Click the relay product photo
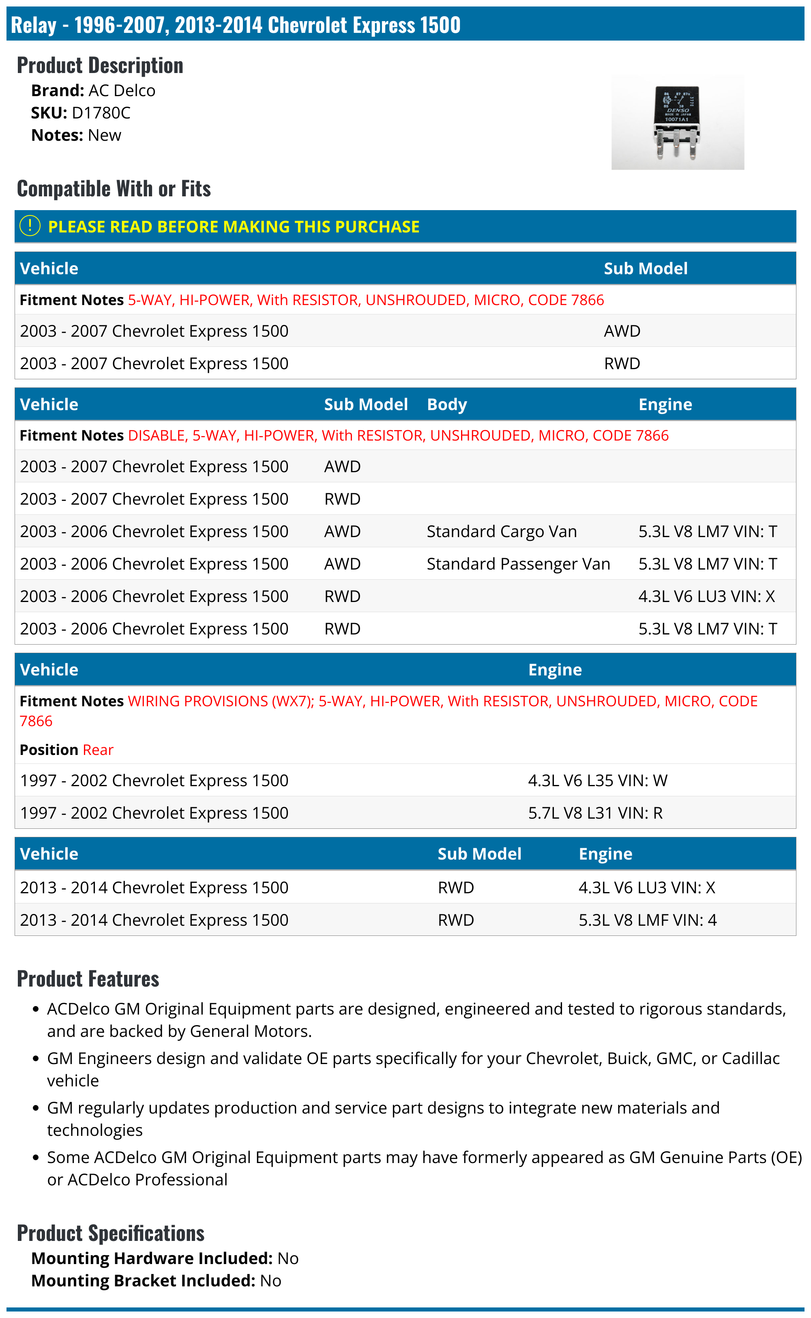[x=678, y=122]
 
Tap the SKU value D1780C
[x=101, y=113]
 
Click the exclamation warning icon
[x=30, y=226]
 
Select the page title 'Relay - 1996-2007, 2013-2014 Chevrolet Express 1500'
[x=236, y=25]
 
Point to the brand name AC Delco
[x=122, y=90]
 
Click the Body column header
[x=447, y=404]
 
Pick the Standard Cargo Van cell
[x=502, y=531]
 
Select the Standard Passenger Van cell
[x=518, y=564]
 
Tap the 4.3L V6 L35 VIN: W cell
[x=598, y=780]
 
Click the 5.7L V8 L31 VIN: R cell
[x=595, y=813]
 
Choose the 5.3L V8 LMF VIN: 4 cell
[x=648, y=920]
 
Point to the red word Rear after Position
[x=98, y=750]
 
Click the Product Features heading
[x=88, y=979]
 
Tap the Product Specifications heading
[x=110, y=1233]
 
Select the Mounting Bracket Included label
[x=143, y=1281]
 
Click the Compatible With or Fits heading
[x=114, y=189]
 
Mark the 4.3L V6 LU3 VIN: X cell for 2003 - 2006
[x=706, y=596]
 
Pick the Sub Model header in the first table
[x=645, y=269]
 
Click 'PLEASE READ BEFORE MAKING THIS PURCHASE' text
[x=234, y=227]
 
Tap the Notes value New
[x=105, y=136]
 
